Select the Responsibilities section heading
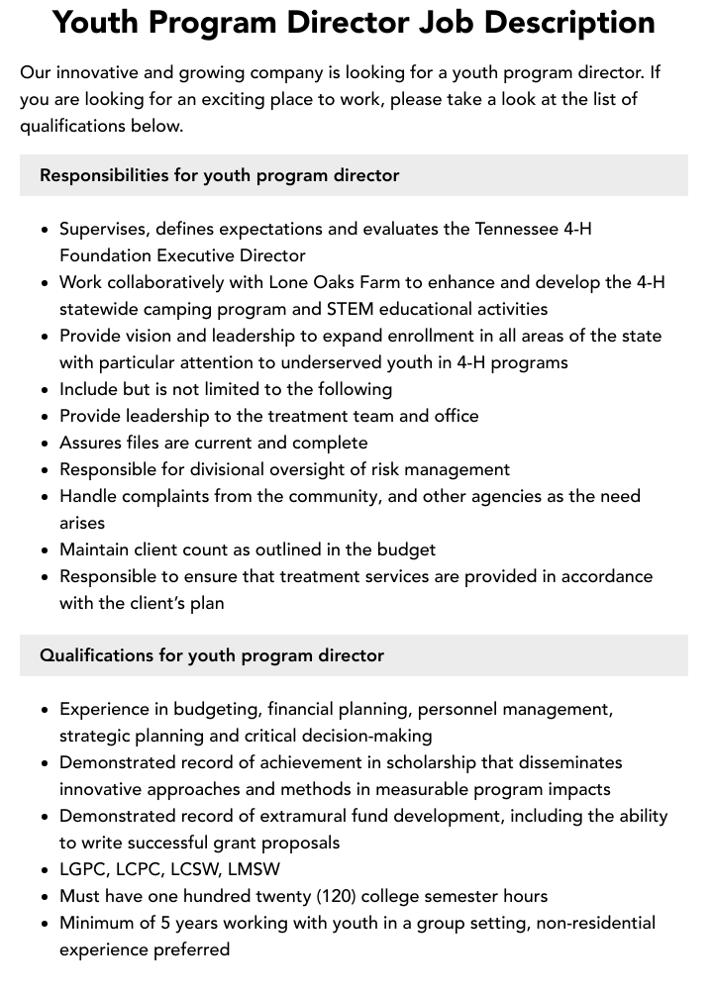(219, 175)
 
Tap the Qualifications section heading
(212, 655)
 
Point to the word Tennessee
(517, 229)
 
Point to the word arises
(82, 523)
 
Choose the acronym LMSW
(254, 869)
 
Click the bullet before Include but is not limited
(45, 390)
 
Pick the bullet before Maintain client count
(45, 550)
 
